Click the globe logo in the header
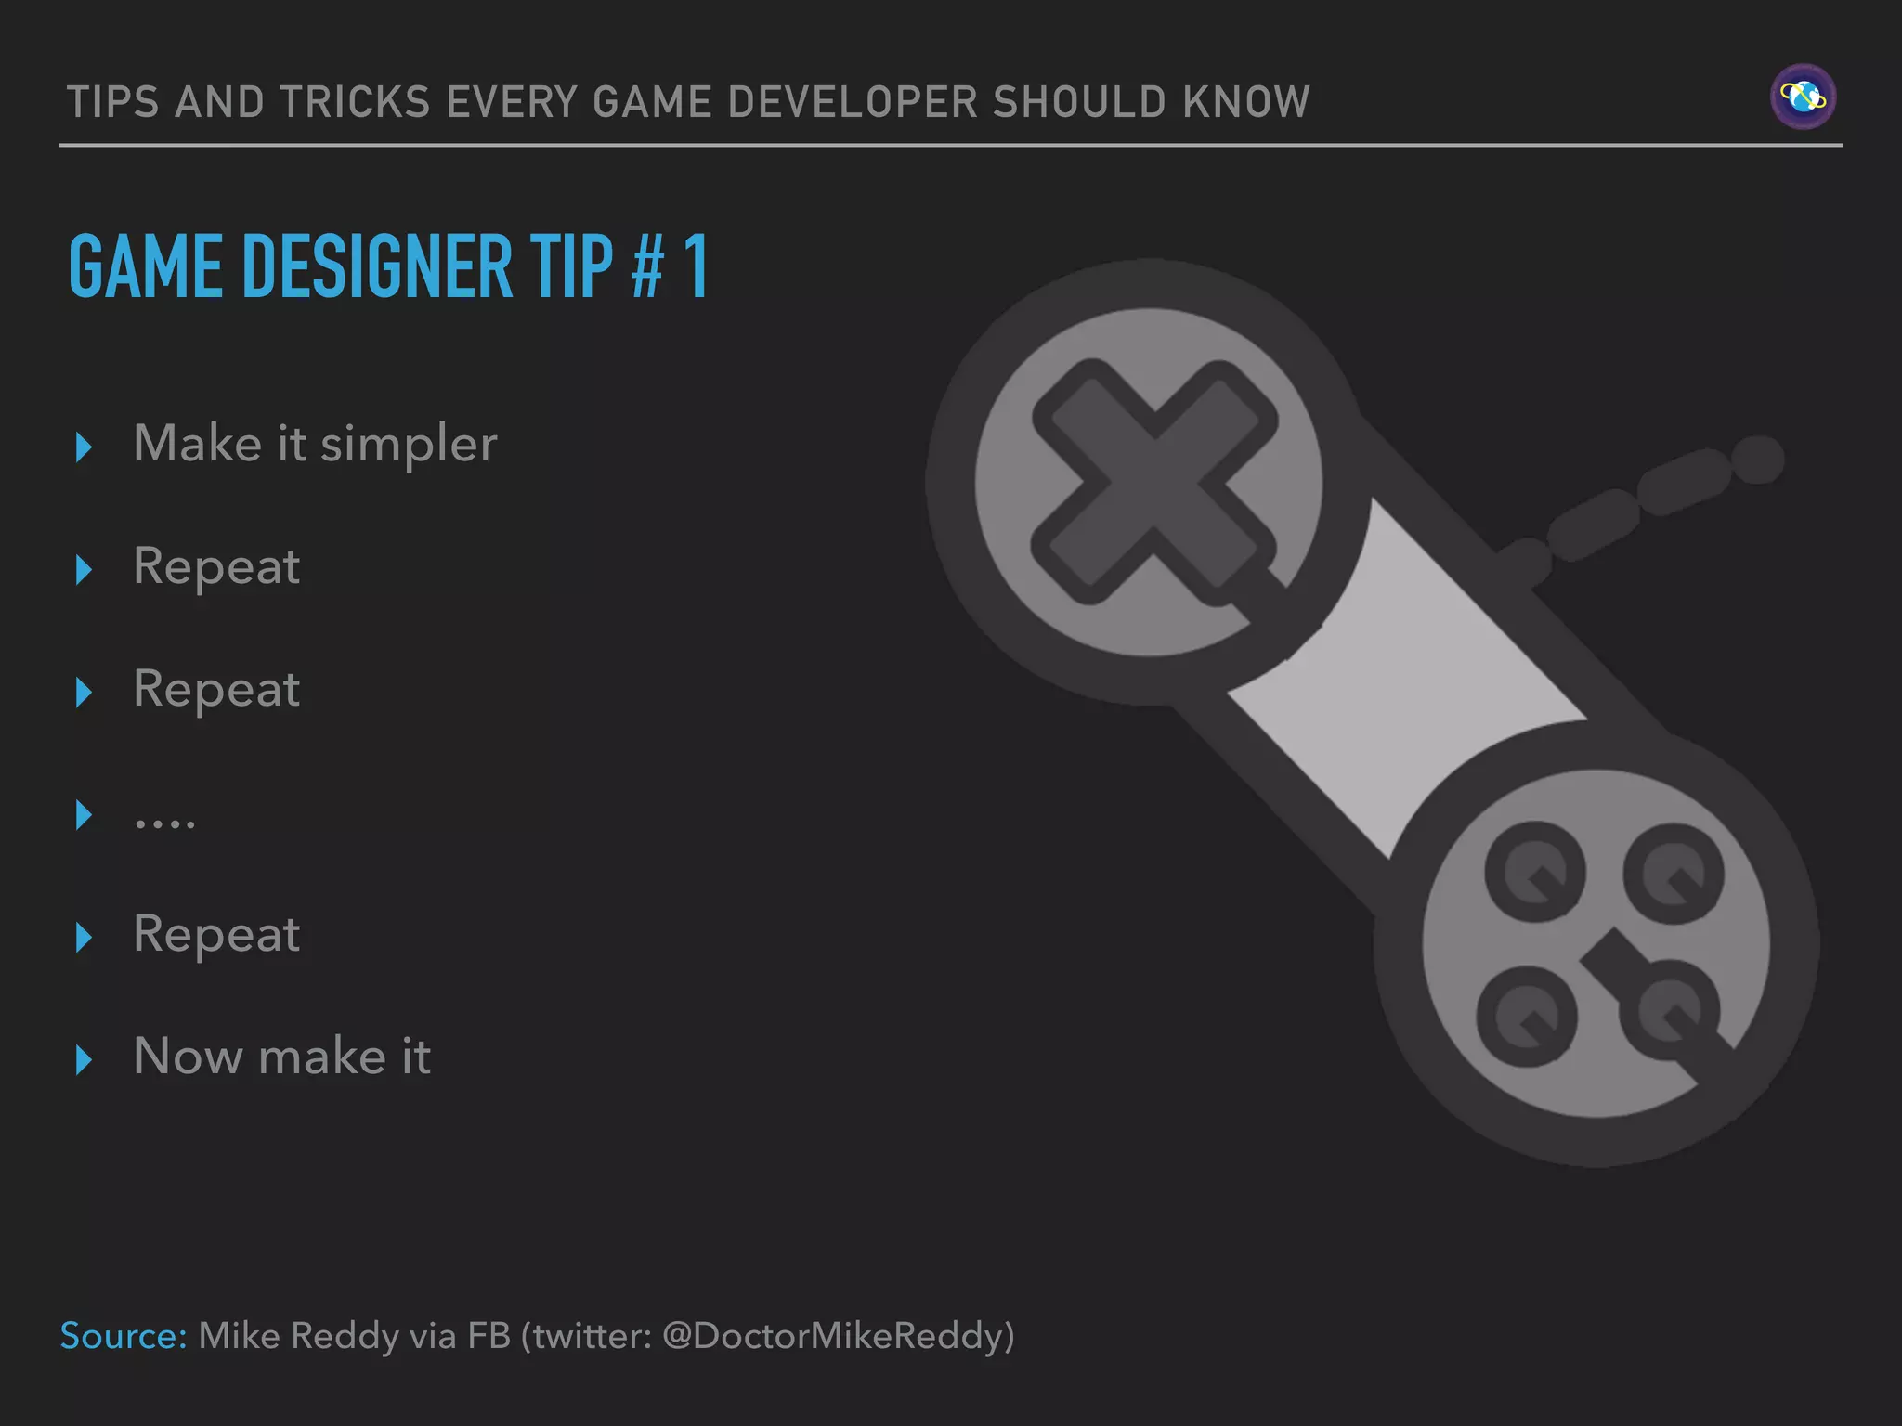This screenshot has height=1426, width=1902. point(1803,97)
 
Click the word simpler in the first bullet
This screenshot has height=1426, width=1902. point(409,445)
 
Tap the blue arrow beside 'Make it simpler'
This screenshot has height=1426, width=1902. point(84,447)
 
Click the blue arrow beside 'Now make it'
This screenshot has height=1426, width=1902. point(84,1059)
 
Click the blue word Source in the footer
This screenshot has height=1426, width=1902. point(124,1336)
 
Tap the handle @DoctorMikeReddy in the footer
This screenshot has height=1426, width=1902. point(838,1336)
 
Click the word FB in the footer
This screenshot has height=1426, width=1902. point(489,1336)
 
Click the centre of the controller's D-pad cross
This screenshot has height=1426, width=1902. point(1153,483)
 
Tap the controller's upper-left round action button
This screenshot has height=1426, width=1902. point(1535,872)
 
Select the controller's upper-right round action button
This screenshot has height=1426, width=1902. point(1674,874)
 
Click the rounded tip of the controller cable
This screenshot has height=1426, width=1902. point(1757,460)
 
